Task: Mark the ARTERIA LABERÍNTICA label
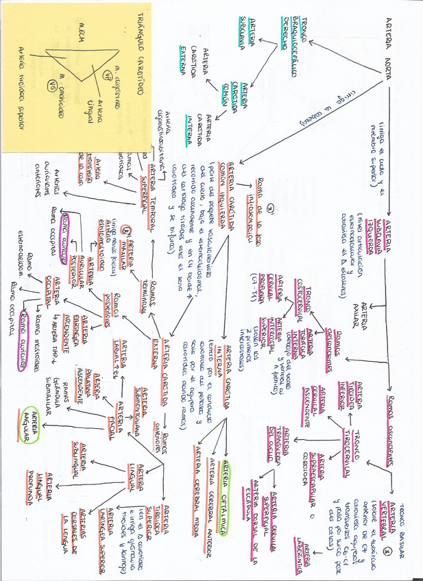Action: click(x=309, y=541)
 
